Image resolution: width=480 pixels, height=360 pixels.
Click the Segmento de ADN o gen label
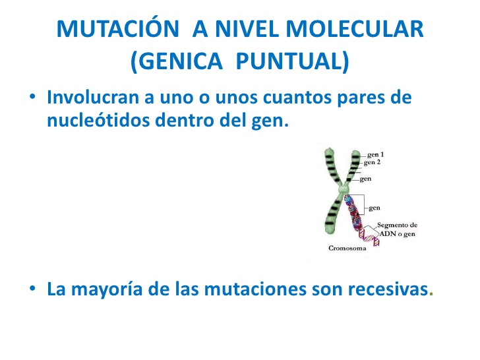[x=396, y=230]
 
